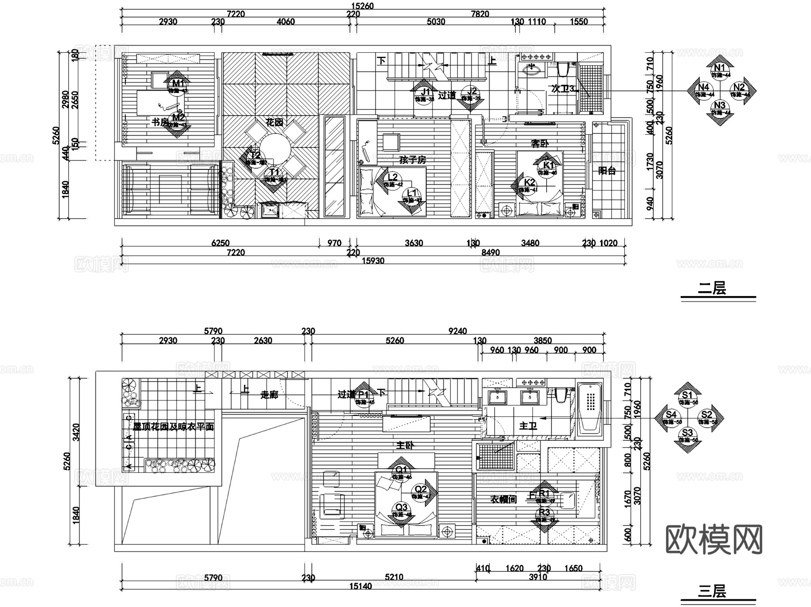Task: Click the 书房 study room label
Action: (x=159, y=122)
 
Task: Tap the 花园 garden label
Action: (x=274, y=122)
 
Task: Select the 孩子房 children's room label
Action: (x=412, y=160)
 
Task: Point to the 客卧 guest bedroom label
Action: (x=539, y=144)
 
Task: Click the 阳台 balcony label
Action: (x=607, y=171)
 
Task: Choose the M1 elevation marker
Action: (x=178, y=83)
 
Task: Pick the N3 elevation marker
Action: (x=720, y=106)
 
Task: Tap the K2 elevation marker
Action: (x=530, y=183)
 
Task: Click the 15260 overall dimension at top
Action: (x=362, y=6)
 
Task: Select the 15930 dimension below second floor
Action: (x=373, y=260)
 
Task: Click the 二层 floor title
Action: (x=712, y=288)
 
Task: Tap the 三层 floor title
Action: (x=712, y=591)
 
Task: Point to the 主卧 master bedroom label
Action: (x=405, y=445)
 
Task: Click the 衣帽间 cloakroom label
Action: (x=503, y=499)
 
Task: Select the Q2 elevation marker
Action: (x=420, y=489)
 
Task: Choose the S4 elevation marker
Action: (x=671, y=415)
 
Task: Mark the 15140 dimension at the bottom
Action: (x=360, y=586)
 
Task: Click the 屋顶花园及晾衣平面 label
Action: (x=173, y=426)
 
